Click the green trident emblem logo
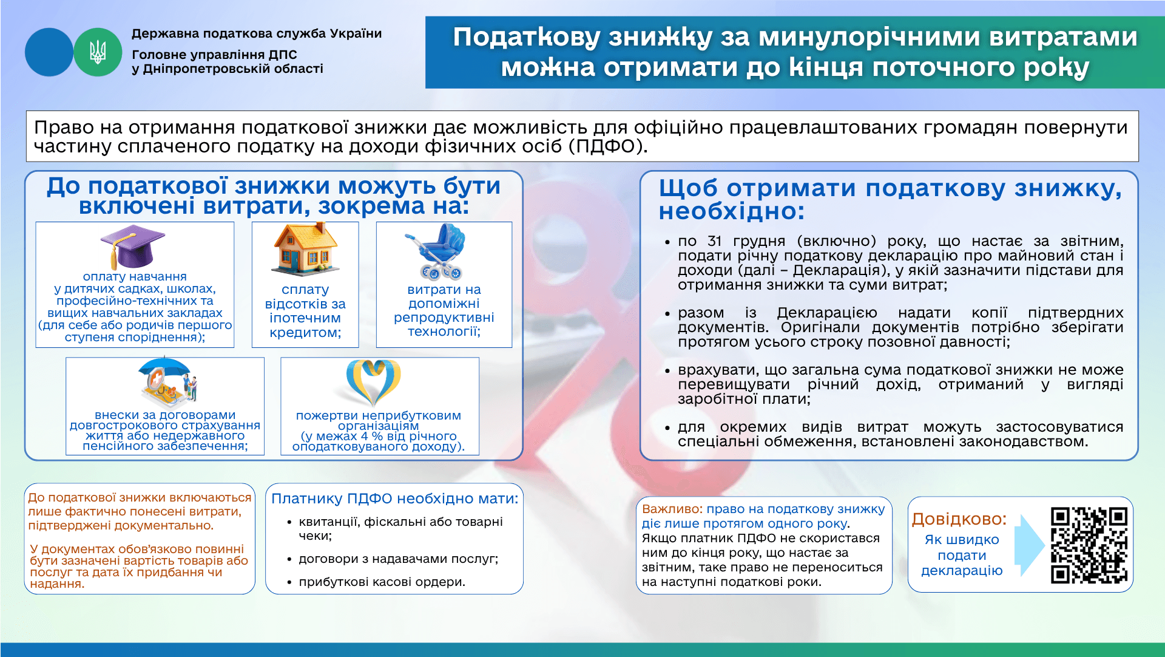(98, 52)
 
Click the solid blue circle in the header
(49, 52)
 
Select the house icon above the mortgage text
(305, 250)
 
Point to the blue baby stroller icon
(436, 251)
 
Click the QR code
(1089, 545)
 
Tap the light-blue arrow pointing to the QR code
(1032, 545)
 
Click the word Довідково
(959, 519)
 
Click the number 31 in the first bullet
(715, 241)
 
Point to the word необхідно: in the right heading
(732, 211)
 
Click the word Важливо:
(672, 509)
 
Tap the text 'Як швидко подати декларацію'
(962, 555)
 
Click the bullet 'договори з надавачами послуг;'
(399, 559)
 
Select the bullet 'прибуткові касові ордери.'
(382, 582)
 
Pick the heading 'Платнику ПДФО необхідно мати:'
(395, 499)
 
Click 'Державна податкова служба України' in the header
(257, 33)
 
